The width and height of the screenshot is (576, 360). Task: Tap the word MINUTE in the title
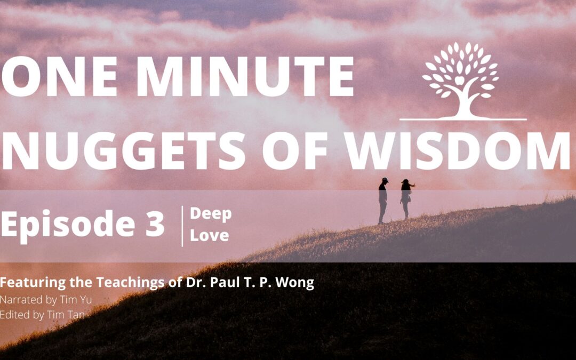[245, 77]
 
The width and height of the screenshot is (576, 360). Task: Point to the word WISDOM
[458, 150]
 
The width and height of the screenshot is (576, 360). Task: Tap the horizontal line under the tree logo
[463, 119]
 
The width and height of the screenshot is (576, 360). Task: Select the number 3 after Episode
[155, 223]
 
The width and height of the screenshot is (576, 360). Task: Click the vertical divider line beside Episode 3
[182, 226]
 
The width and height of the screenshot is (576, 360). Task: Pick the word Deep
[211, 214]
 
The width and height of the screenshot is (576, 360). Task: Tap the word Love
[210, 236]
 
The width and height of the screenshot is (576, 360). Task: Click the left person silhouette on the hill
[383, 201]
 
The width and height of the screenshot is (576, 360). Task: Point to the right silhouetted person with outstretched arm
[406, 199]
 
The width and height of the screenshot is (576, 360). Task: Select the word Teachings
[131, 283]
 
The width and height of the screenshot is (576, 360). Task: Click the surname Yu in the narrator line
[86, 300]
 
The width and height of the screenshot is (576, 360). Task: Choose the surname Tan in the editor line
[77, 315]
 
